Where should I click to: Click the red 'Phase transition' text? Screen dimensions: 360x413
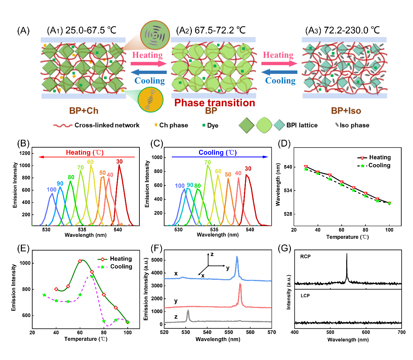(215, 103)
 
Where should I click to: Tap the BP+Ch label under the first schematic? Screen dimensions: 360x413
(84, 111)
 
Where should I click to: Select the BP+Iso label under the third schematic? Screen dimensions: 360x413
(346, 111)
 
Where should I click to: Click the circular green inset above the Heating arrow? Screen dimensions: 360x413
(155, 35)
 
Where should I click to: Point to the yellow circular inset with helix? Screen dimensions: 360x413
(150, 100)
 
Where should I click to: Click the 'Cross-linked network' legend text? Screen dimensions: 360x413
(107, 125)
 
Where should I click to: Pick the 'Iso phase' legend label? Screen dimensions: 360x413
(354, 125)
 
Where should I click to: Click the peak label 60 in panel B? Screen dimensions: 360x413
(90, 162)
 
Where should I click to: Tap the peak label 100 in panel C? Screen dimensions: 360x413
(180, 186)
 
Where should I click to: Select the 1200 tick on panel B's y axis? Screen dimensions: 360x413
(25, 153)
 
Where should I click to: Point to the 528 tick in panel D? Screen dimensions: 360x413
(288, 214)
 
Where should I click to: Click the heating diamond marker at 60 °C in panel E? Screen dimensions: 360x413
(80, 261)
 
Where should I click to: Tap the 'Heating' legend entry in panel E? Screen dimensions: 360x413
(121, 259)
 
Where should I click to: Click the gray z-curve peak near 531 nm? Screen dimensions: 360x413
(188, 311)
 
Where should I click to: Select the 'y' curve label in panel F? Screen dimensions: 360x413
(176, 301)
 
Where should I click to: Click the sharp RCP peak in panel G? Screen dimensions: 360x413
(347, 254)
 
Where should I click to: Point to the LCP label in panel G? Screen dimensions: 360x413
(305, 296)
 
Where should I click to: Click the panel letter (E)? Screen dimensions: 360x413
(23, 249)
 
